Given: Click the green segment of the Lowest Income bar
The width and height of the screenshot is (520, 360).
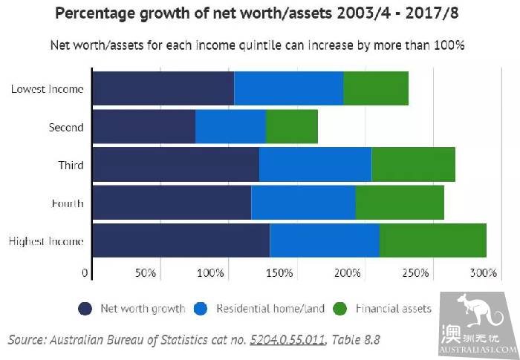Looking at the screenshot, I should (x=376, y=88).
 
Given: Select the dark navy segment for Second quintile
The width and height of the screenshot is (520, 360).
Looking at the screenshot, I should (x=143, y=127).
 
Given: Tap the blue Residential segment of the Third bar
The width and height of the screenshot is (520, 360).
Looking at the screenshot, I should (x=315, y=165).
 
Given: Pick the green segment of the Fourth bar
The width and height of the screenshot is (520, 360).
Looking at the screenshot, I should (x=400, y=203).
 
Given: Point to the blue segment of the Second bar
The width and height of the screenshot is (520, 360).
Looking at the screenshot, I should (x=230, y=127).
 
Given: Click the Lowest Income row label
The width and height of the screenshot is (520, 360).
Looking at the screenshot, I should (x=47, y=89).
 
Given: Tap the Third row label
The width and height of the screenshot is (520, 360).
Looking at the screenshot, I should (x=71, y=165).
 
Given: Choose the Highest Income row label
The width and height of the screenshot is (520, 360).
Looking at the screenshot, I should (x=45, y=241).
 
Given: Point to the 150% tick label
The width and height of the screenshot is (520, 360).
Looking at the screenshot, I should (x=279, y=273).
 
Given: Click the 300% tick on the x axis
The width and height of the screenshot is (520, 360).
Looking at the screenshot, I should (x=483, y=273).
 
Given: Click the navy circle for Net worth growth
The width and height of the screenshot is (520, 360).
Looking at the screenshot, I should (x=85, y=309).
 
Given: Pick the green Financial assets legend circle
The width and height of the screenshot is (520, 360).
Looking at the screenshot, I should (x=341, y=309).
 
